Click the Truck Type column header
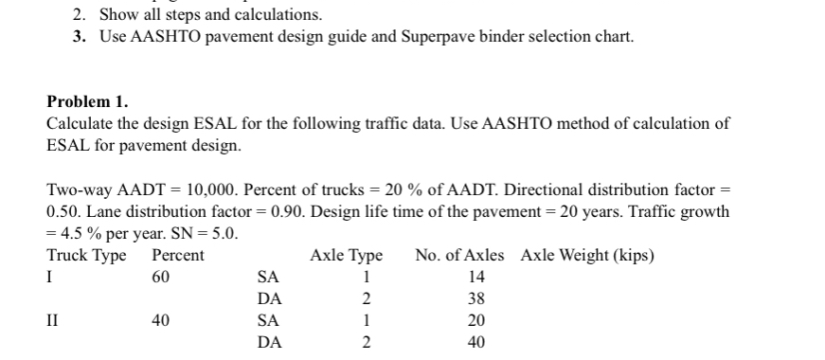tap(86, 256)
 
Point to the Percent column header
tap(177, 256)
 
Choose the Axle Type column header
tap(346, 256)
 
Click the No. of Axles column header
tap(459, 256)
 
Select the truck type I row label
tap(49, 277)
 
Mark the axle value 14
tap(476, 277)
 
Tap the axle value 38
tap(476, 298)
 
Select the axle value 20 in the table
tap(476, 320)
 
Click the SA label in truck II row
tap(269, 320)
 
